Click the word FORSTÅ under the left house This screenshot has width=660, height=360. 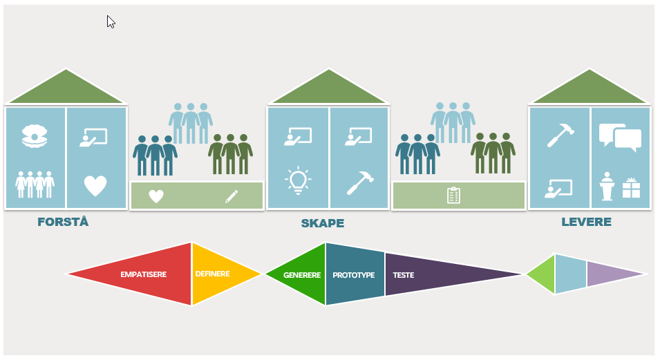tap(63, 222)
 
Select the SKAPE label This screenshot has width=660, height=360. tap(322, 223)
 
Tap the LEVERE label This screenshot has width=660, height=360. tap(586, 222)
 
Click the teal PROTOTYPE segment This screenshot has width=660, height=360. tap(353, 275)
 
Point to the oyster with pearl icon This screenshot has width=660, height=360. tap(34, 136)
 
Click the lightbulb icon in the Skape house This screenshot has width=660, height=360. tap(298, 179)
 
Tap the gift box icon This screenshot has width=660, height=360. tap(631, 188)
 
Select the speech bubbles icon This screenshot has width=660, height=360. tap(620, 137)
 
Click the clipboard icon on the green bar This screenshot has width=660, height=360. tap(453, 196)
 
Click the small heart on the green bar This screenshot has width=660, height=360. tap(156, 196)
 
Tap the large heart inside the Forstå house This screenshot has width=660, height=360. tap(95, 185)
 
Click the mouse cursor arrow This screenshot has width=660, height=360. tap(111, 21)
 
